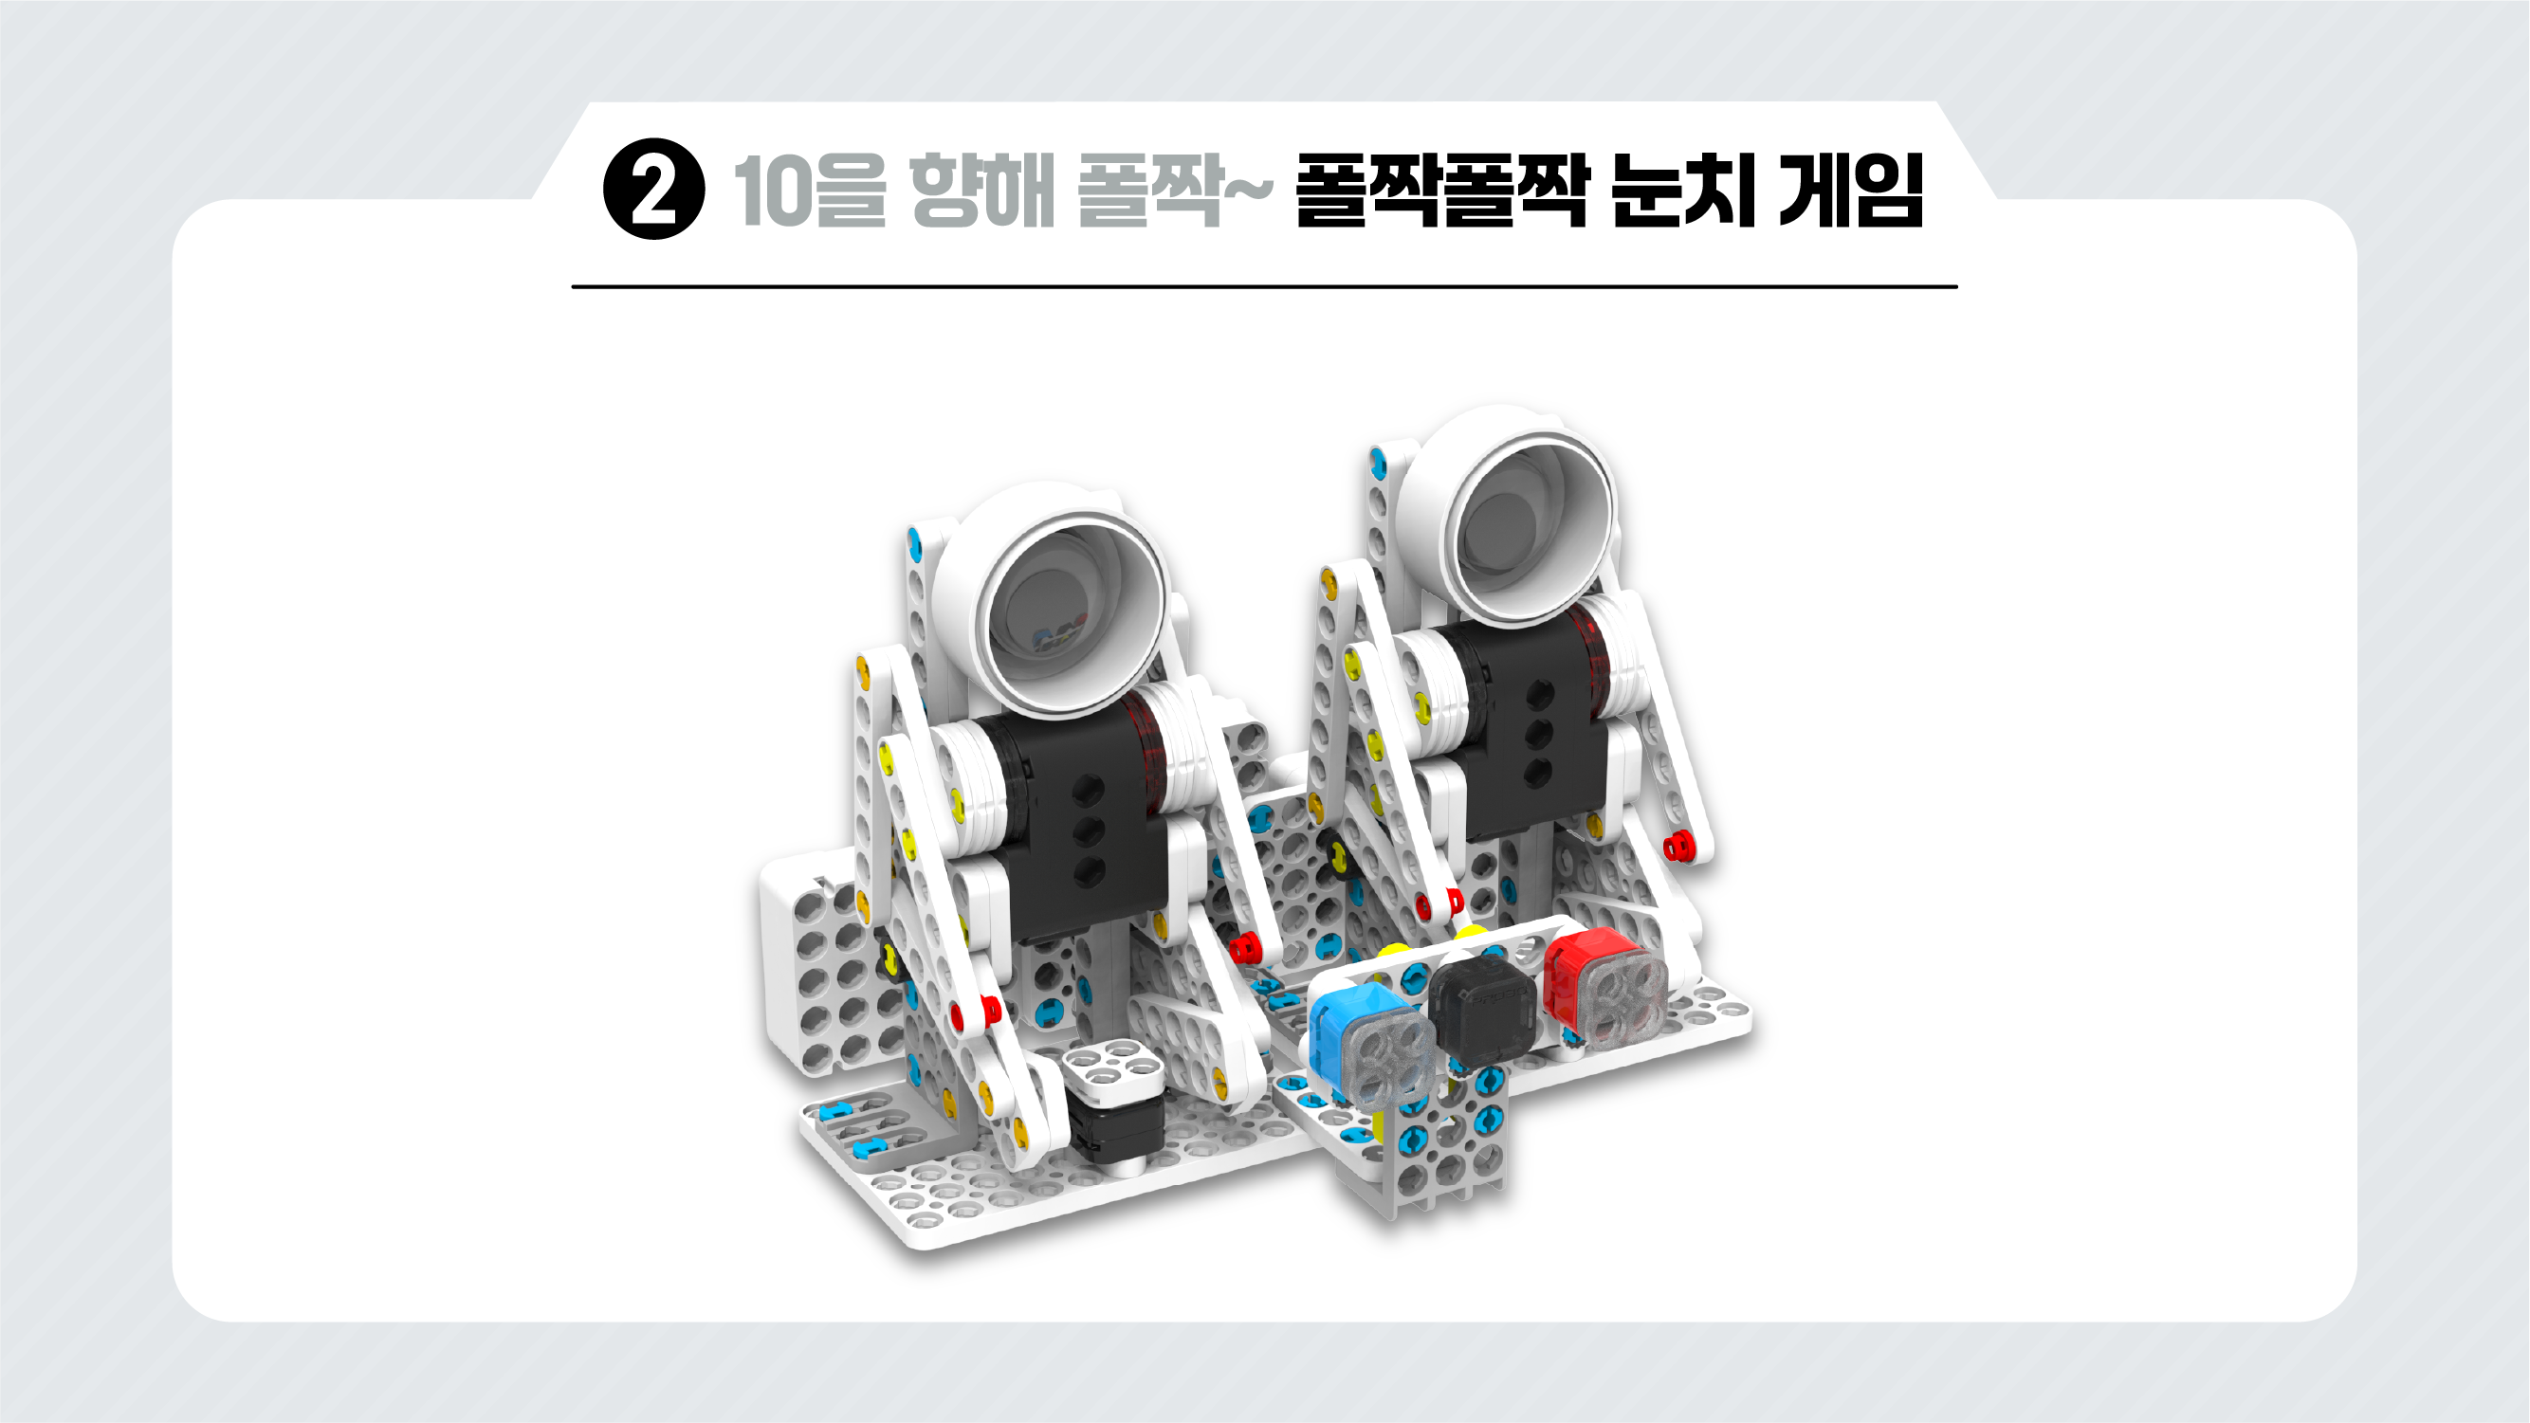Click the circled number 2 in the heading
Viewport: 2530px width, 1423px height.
point(653,189)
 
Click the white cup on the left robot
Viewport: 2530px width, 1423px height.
point(1051,599)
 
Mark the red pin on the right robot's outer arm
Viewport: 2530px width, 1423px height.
point(1677,845)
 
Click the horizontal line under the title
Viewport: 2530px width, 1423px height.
point(1264,286)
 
